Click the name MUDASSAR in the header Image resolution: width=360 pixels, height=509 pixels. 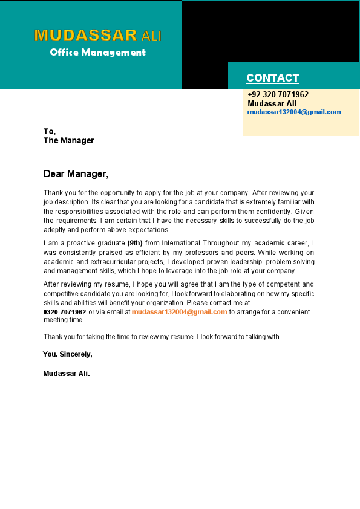(x=86, y=35)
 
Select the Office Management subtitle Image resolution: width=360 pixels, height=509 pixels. (x=98, y=53)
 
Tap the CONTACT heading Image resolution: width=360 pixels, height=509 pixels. (x=273, y=78)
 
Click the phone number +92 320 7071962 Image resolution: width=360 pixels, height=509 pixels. (x=278, y=95)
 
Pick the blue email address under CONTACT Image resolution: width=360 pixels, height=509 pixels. (x=294, y=112)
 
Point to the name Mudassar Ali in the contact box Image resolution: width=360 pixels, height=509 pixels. (x=272, y=103)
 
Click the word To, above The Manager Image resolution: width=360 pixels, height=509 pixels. (x=50, y=131)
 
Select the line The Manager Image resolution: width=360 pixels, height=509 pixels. (x=69, y=140)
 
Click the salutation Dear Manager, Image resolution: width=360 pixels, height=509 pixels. (x=76, y=174)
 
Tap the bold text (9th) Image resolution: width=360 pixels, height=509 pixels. (x=135, y=243)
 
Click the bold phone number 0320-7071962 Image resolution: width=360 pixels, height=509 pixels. (x=65, y=312)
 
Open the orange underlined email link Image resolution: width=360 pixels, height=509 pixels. (x=180, y=312)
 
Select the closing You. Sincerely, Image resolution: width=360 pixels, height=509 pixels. (x=68, y=354)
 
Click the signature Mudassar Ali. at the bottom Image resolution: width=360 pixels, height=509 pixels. (x=67, y=374)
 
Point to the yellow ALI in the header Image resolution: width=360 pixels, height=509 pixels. (x=151, y=36)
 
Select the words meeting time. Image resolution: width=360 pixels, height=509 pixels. (x=64, y=320)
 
